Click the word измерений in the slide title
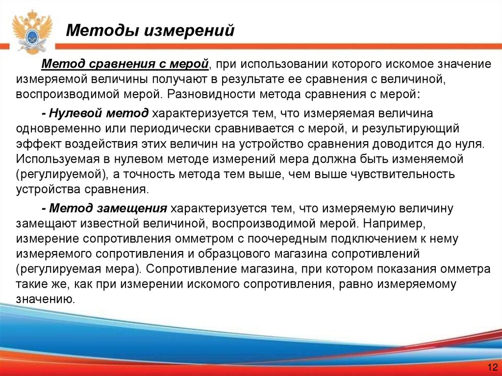pyautogui.click(x=189, y=31)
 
